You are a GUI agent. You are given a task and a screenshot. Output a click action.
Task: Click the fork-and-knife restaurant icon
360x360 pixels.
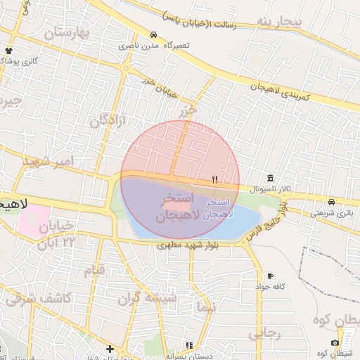(214, 179)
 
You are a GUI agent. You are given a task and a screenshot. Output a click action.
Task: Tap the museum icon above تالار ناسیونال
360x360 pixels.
(271, 177)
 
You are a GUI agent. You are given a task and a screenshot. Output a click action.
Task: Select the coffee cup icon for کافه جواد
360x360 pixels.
(271, 276)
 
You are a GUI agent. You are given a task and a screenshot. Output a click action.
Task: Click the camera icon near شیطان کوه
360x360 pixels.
(335, 342)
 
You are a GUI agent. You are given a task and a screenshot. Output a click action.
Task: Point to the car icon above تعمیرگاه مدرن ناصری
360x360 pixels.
(153, 34)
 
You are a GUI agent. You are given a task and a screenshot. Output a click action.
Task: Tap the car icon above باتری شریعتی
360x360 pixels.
(331, 201)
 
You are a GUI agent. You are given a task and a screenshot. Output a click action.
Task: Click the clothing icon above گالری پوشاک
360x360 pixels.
(8, 51)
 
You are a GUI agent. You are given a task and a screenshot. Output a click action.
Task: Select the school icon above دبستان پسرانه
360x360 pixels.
(188, 345)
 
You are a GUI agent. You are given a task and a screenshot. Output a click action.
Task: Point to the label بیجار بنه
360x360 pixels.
(278, 22)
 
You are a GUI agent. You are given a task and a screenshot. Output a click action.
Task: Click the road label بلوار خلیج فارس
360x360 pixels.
(266, 222)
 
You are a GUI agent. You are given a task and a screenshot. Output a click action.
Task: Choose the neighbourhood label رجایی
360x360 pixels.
(264, 333)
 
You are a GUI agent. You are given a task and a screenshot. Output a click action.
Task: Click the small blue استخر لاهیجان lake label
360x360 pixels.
(217, 207)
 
